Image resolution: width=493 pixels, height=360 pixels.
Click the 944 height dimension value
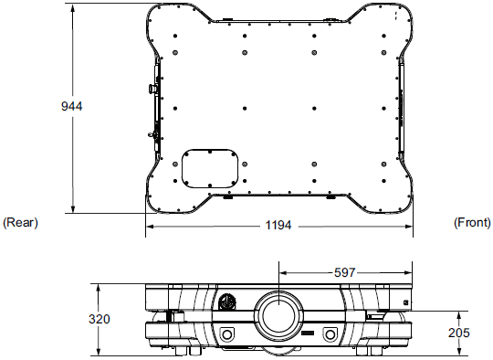click(72, 107)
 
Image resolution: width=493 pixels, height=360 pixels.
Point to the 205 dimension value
click(459, 333)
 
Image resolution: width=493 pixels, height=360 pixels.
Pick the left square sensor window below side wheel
click(226, 332)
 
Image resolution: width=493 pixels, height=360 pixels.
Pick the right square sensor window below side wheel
click(330, 333)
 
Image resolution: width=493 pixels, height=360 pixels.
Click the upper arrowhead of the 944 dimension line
click(72, 7)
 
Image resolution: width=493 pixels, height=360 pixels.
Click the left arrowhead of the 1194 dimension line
click(149, 226)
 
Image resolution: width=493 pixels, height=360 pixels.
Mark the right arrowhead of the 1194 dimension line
click(410, 226)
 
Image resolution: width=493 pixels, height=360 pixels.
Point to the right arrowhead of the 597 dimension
click(410, 272)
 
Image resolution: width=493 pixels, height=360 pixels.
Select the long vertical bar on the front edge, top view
click(403, 101)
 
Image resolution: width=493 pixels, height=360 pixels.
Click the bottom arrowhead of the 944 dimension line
click(72, 210)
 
